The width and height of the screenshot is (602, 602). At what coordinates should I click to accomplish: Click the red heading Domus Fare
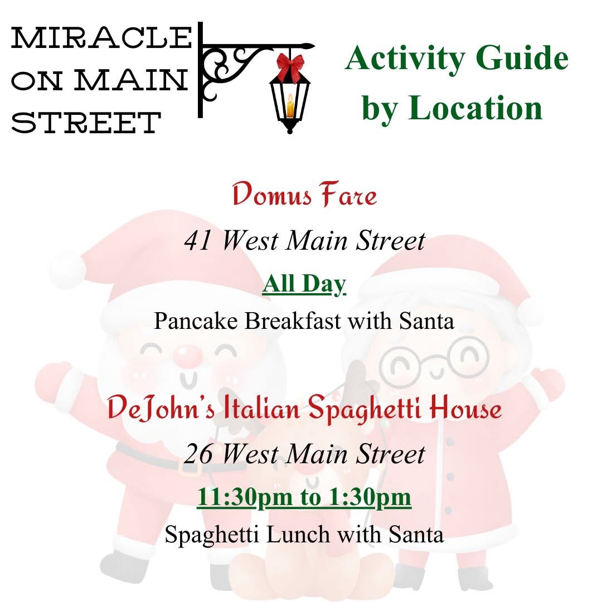(304, 195)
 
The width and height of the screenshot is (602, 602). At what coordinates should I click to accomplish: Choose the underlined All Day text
(304, 284)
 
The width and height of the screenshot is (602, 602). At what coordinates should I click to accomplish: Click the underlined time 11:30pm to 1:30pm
(304, 498)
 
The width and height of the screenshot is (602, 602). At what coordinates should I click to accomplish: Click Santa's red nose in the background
(188, 355)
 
